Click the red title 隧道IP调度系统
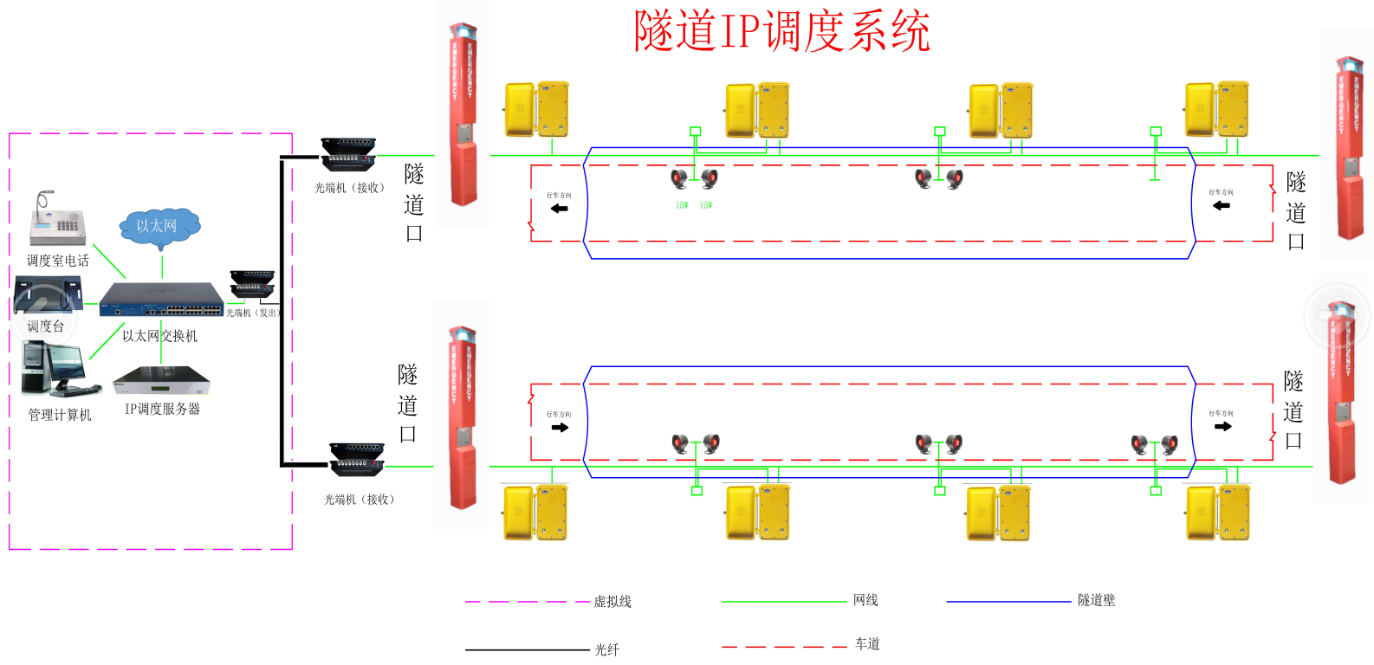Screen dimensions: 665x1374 pos(781,32)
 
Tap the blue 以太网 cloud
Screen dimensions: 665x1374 pos(159,227)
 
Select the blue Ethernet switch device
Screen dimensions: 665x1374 pos(161,300)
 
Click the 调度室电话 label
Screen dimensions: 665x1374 pos(57,261)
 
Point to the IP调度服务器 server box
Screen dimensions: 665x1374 pos(161,380)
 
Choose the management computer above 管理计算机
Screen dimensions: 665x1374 pos(54,369)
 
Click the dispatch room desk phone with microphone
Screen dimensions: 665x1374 pos(57,220)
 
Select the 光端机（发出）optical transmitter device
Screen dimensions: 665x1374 pos(252,285)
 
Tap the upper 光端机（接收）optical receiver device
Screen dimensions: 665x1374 pos(348,154)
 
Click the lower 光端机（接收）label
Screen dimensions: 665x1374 pos(359,500)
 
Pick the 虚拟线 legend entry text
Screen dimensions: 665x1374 pos(612,602)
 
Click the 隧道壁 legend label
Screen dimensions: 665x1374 pos(1096,600)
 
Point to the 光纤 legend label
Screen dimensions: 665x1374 pos(606,649)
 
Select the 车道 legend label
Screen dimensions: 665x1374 pos(867,643)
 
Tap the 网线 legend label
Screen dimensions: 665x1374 pos(865,600)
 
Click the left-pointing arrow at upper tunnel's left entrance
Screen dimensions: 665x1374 pos(560,208)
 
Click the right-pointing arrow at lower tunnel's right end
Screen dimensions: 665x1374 pos(1223,426)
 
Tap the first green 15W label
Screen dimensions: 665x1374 pos(682,205)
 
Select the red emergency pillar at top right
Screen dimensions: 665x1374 pos(1348,147)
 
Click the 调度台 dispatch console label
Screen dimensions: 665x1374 pos(45,326)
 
